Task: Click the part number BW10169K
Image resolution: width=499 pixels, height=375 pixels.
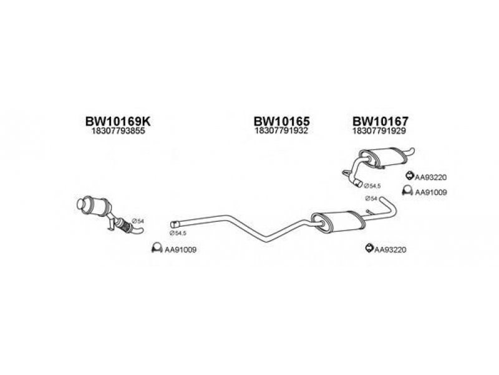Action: coord(118,121)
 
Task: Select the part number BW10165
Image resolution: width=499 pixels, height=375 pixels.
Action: coord(281,121)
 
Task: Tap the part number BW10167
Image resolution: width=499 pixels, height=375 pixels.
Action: coord(380,121)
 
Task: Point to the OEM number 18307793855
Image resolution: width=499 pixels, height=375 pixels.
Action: coord(118,131)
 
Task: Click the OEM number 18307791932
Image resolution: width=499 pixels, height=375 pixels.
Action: coord(281,131)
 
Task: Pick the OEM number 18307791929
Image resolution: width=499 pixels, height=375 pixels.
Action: coord(379,131)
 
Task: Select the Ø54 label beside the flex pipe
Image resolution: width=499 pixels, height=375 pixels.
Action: coord(138,221)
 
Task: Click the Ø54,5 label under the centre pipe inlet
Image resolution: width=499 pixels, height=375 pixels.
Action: coord(178,233)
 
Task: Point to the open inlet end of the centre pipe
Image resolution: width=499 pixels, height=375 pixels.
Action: coord(173,224)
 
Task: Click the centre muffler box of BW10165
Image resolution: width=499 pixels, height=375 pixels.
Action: coord(338,222)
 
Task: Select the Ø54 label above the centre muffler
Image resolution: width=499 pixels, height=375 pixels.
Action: coord(371,199)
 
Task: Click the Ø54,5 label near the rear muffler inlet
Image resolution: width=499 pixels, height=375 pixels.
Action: coord(372,186)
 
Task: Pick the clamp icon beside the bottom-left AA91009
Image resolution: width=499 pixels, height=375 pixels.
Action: coord(157,247)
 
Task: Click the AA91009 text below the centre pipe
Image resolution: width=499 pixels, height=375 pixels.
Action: coord(180,249)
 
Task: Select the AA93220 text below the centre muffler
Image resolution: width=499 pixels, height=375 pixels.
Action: coord(390,249)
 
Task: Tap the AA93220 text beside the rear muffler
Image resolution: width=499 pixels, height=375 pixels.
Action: coord(430,177)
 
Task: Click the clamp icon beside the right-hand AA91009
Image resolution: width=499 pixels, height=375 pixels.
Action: coord(407,190)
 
